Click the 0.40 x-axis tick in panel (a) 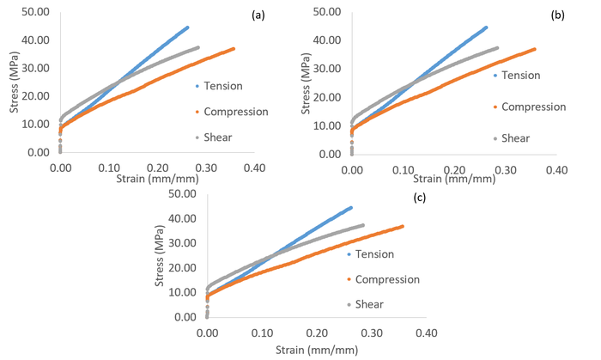coord(254,168)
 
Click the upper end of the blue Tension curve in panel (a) coord(187,27)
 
